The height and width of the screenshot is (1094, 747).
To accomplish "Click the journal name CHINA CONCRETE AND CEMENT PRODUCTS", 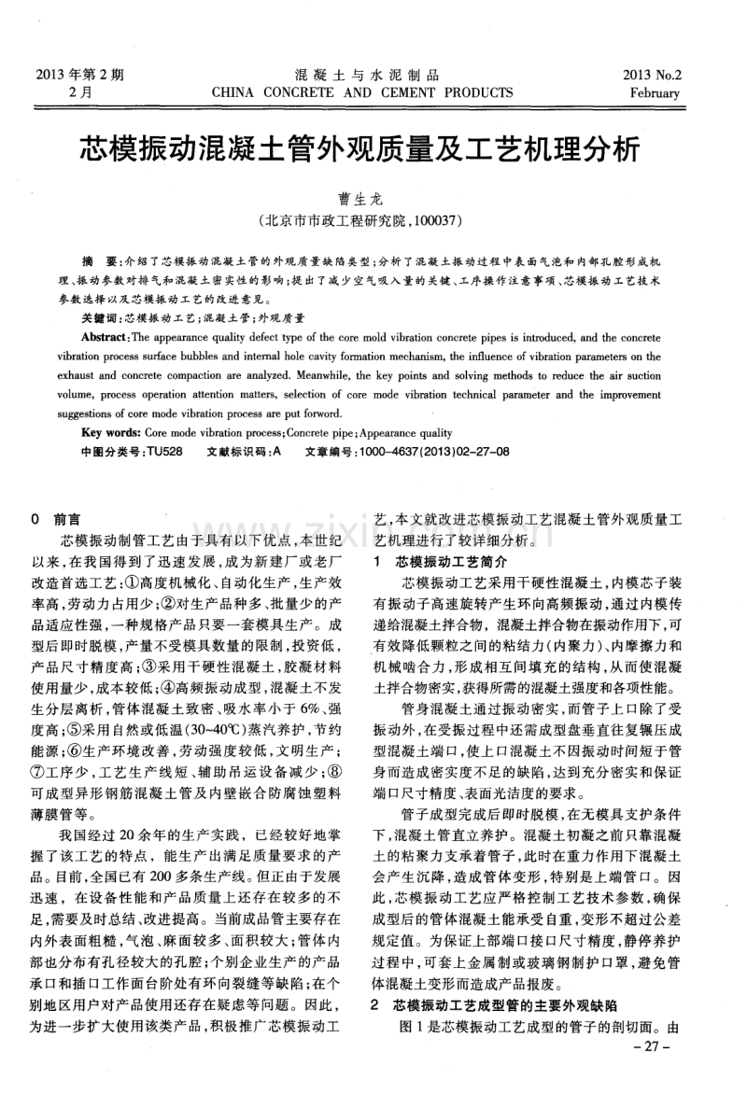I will point(363,93).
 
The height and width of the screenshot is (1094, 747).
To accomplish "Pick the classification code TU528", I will point(165,451).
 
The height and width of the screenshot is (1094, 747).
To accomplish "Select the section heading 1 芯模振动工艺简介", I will point(438,563).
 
